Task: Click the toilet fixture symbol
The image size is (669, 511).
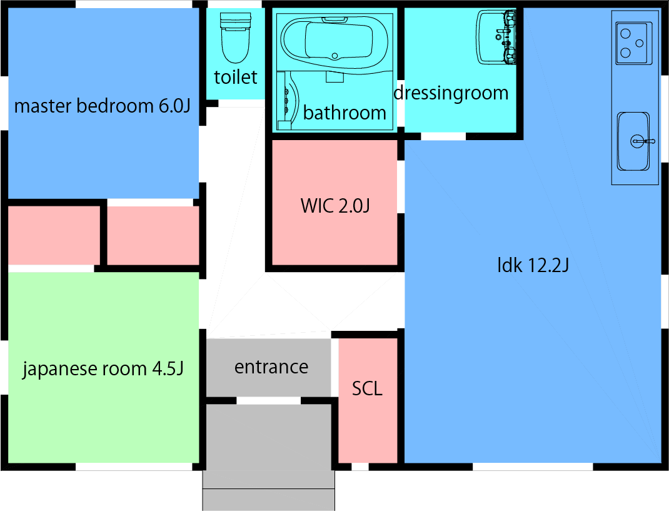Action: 234,39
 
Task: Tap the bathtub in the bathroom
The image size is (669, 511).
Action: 334,43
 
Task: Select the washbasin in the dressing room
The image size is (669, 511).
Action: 496,37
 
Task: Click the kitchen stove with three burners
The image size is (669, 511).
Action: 633,43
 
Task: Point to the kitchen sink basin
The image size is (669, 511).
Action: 633,141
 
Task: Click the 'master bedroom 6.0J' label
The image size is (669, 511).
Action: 102,106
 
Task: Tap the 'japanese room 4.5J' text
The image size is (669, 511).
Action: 103,368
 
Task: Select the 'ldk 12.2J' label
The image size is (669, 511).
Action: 532,265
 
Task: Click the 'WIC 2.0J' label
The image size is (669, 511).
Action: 335,205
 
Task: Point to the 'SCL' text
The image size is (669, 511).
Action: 367,388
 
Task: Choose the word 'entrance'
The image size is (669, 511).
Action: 271,367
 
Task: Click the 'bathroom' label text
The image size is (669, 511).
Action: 345,113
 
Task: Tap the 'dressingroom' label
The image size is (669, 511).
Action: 451,93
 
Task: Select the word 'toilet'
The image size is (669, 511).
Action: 236,77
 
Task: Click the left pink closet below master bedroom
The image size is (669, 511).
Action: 54,235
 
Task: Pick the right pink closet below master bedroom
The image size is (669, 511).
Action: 153,235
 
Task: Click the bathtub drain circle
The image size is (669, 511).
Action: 336,56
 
